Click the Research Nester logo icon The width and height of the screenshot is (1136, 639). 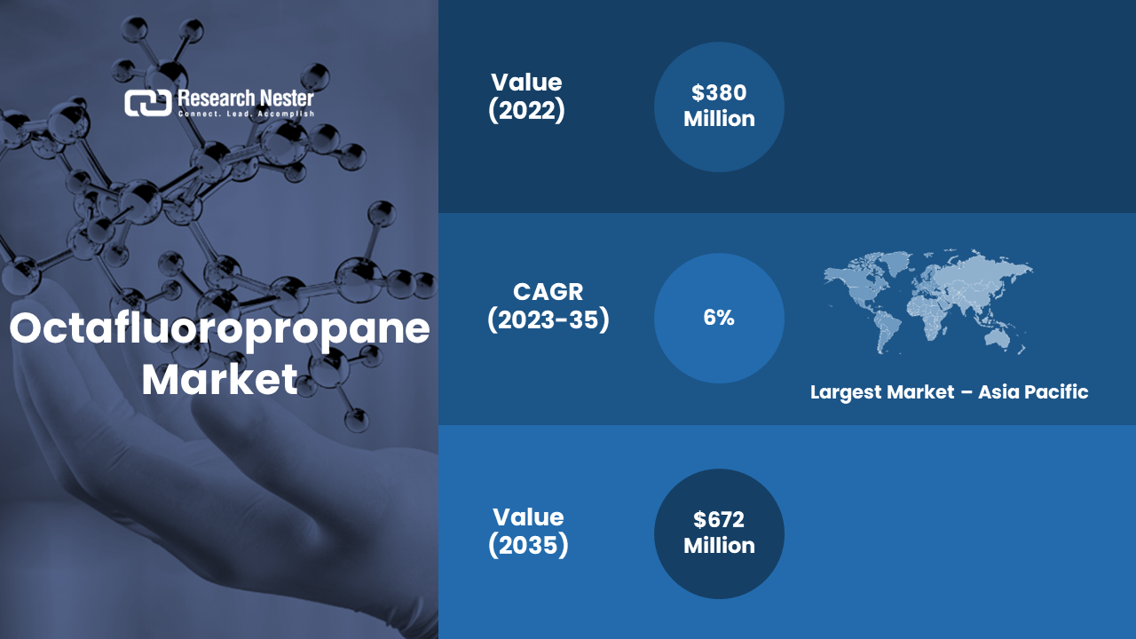147,103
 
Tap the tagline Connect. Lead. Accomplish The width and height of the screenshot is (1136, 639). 246,114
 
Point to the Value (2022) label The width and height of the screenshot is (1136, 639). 526,97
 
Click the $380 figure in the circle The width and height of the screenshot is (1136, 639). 719,92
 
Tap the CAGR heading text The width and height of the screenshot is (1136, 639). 548,292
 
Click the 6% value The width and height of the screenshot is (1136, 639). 719,318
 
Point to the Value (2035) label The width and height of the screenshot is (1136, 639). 528,531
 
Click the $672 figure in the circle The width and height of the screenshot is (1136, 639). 719,519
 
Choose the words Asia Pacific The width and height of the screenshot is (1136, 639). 1033,392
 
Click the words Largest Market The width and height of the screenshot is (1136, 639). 882,392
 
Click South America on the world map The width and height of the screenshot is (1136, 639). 887,329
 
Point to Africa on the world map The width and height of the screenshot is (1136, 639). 927,314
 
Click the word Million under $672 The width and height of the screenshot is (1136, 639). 719,546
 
